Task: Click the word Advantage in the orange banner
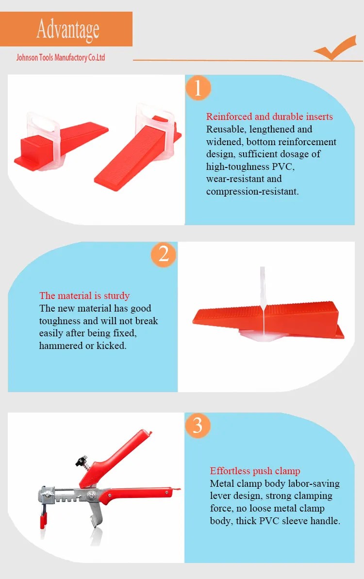(x=67, y=29)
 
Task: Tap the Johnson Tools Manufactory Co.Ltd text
(x=61, y=58)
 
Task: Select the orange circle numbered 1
(x=198, y=88)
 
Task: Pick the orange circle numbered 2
(x=164, y=254)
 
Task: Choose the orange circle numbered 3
(x=198, y=425)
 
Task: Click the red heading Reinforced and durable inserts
(x=269, y=116)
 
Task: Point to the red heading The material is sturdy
(x=84, y=296)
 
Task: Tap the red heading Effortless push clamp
(x=255, y=471)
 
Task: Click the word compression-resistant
(x=252, y=191)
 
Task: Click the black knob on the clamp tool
(x=79, y=459)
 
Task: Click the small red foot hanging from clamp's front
(x=43, y=521)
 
